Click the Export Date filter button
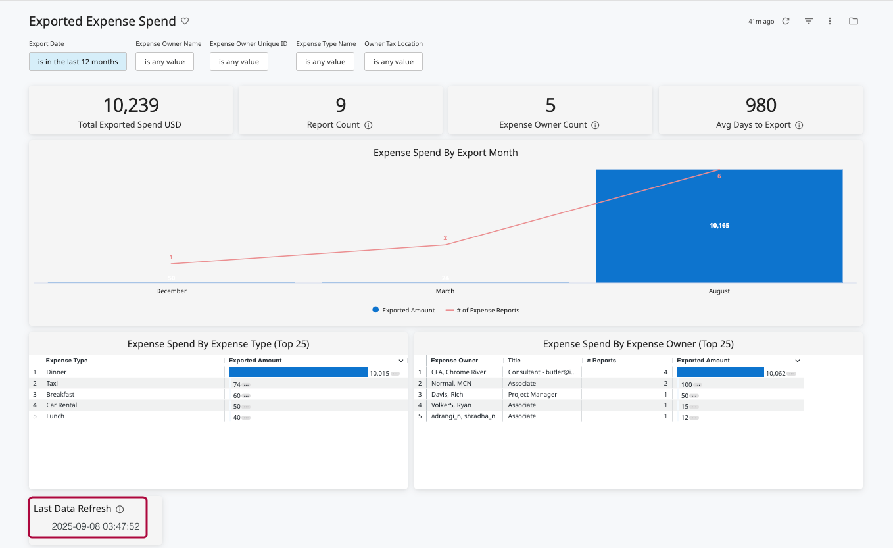click(78, 62)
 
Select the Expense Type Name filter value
click(325, 62)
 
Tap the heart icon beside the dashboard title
click(185, 21)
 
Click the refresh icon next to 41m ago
click(786, 21)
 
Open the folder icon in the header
click(854, 21)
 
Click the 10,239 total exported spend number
click(130, 105)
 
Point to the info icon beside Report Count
click(368, 125)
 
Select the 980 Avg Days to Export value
click(761, 105)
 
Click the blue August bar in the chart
click(719, 226)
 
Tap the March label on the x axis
click(445, 291)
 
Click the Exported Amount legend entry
click(403, 310)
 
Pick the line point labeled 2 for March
click(445, 245)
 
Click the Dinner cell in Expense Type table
click(57, 372)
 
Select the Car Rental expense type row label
click(62, 405)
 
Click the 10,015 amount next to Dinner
click(379, 373)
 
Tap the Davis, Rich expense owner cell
click(447, 395)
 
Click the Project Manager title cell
click(533, 395)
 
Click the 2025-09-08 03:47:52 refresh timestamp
click(95, 526)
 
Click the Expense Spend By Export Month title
click(445, 153)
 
